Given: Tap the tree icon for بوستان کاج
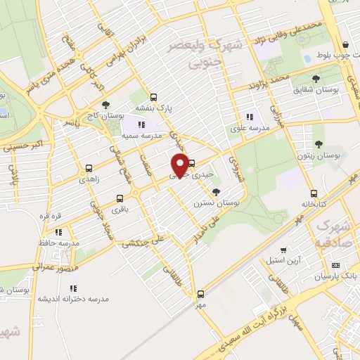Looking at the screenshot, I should tap(105, 105).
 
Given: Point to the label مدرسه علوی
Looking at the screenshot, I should tap(247, 129).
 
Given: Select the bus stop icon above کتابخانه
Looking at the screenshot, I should tap(314, 194).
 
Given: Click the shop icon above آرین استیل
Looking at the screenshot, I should tap(283, 250).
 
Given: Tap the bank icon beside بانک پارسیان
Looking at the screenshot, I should tap(335, 265).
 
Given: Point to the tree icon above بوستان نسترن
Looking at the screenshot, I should tap(216, 191).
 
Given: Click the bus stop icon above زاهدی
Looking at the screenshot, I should tap(89, 168).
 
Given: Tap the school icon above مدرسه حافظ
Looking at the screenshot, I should tap(59, 231).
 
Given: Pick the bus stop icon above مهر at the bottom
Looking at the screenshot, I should tap(200, 294).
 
